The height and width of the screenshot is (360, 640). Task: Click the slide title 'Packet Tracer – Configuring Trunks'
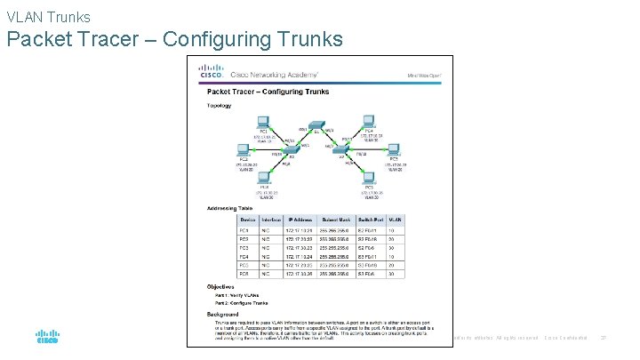point(174,39)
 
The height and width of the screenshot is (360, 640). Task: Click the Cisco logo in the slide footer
point(47,337)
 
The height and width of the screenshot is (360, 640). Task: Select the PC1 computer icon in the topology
point(263,123)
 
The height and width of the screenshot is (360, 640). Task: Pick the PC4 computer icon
point(369,123)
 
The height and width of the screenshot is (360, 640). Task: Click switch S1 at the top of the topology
point(316,131)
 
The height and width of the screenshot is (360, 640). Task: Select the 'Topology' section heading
point(220,106)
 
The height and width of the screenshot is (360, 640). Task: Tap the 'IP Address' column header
point(299,219)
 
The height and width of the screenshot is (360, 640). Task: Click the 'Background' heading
point(223,314)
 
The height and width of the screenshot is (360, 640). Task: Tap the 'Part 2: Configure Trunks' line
point(236,304)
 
